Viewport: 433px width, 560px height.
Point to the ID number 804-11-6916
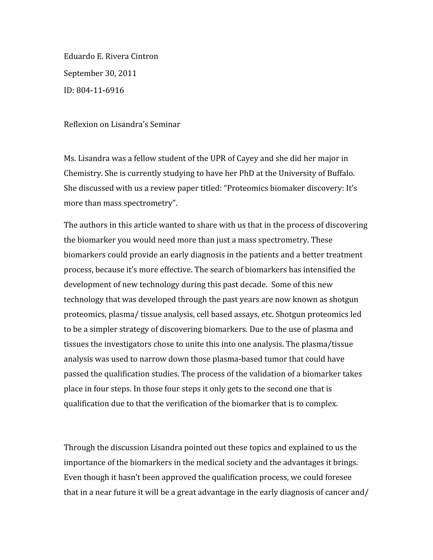[100, 90]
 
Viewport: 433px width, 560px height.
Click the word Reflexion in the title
[81, 125]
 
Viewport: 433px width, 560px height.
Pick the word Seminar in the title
[165, 125]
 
